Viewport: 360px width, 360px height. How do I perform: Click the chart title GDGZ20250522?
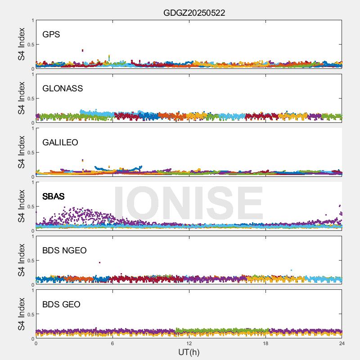click(x=194, y=13)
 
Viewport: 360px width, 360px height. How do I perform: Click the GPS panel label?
click(x=51, y=34)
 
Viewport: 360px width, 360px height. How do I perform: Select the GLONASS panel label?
click(x=63, y=88)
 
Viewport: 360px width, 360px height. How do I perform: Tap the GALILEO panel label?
click(x=60, y=142)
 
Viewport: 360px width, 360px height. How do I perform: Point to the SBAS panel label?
click(x=53, y=196)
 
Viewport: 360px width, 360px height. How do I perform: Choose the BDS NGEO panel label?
click(x=64, y=250)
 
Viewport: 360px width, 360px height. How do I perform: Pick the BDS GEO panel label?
click(x=61, y=304)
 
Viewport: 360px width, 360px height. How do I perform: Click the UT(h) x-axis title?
click(x=189, y=351)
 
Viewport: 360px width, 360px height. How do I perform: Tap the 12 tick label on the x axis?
click(x=189, y=343)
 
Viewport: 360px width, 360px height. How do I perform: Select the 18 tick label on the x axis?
click(x=265, y=343)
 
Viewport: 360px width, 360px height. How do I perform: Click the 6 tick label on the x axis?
click(x=112, y=343)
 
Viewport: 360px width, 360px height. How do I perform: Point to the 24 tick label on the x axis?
click(x=342, y=343)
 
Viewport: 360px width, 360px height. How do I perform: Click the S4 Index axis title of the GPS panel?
click(x=21, y=44)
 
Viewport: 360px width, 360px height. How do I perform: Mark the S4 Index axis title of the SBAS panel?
click(x=21, y=206)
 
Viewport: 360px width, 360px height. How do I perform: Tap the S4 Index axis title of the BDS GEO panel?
click(x=21, y=314)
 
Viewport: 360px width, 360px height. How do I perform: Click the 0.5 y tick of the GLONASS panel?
click(x=29, y=99)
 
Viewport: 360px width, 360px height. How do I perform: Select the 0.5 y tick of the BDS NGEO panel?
click(x=29, y=261)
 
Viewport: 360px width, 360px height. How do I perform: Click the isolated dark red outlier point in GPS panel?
click(x=82, y=50)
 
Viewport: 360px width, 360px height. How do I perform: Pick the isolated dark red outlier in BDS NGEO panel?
click(x=99, y=262)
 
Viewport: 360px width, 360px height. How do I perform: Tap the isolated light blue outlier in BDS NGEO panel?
click(x=291, y=270)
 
